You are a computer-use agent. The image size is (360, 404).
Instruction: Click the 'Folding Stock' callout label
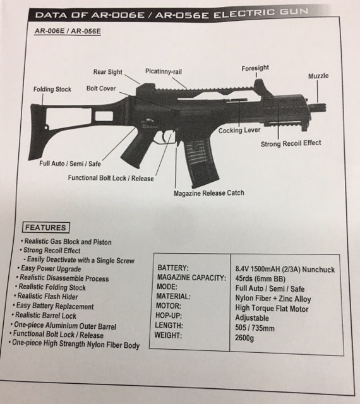[52, 90]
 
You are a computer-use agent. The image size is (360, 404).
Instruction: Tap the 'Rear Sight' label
[107, 72]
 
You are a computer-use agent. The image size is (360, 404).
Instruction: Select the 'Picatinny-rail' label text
[164, 71]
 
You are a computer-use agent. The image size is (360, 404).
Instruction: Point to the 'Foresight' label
[255, 68]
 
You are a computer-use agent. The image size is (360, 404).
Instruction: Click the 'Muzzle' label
[318, 76]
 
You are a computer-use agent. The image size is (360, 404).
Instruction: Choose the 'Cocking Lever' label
[239, 131]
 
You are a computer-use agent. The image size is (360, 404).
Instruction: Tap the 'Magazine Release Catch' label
[209, 193]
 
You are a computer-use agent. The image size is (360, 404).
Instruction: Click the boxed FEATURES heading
[46, 227]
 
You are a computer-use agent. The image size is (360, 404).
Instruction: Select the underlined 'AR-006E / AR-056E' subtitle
[68, 31]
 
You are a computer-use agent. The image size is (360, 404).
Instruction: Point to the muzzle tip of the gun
[325, 107]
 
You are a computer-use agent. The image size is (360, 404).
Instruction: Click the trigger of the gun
[165, 138]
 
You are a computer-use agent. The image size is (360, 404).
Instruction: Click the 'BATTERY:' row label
[173, 268]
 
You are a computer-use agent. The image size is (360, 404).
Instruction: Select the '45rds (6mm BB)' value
[260, 279]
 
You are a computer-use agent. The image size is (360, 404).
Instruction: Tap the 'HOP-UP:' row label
[169, 316]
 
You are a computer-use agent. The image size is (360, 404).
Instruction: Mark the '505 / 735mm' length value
[255, 328]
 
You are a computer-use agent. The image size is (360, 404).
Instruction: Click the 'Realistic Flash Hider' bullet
[46, 296]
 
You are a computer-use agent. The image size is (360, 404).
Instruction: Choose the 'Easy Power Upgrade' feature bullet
[49, 268]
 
